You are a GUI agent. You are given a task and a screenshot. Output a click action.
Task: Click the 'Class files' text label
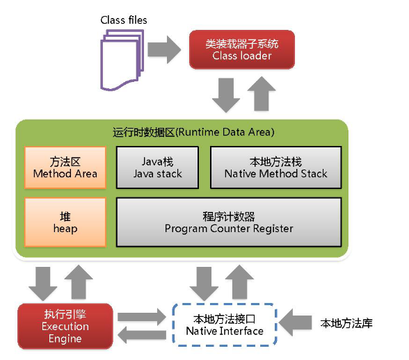124,20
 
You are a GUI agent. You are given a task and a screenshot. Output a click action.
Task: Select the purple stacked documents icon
122,60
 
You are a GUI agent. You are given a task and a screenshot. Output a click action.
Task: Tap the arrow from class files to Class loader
164,49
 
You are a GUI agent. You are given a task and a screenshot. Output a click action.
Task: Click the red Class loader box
242,49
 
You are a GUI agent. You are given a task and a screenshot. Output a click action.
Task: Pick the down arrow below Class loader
226,95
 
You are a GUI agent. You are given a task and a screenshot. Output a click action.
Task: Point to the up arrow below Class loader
262,93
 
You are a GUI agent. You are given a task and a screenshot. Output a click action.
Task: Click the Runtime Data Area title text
193,132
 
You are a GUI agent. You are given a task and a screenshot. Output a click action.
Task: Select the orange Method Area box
65,167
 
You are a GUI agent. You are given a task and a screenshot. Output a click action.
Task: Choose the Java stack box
157,167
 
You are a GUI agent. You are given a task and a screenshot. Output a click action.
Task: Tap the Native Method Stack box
276,167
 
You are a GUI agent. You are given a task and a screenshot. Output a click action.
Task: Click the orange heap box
65,222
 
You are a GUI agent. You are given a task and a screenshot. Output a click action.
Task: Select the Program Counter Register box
229,222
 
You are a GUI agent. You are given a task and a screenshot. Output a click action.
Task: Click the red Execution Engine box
65,326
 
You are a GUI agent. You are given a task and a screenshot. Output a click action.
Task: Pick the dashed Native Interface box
224,325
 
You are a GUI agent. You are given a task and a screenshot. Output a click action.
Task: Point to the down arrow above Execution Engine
43,284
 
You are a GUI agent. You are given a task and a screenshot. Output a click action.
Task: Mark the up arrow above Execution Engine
79,281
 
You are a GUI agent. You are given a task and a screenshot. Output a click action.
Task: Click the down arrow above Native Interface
204,284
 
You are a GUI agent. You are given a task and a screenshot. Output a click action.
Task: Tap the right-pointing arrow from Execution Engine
142,317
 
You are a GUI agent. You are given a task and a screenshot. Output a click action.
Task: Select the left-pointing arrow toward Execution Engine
142,335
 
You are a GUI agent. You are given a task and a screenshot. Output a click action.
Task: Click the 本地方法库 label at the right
346,323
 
